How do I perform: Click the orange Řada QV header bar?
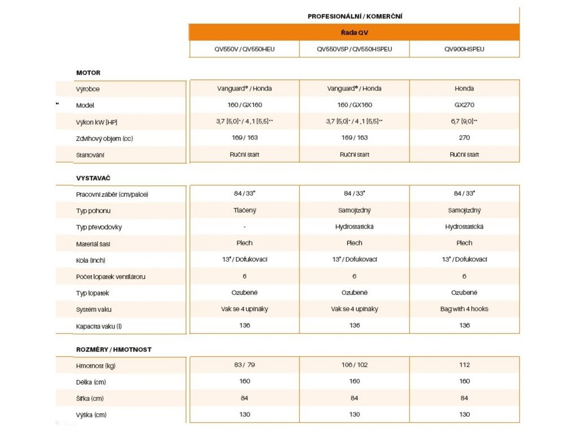click(x=354, y=33)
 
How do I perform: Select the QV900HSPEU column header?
click(x=464, y=49)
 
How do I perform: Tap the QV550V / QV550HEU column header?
click(x=245, y=49)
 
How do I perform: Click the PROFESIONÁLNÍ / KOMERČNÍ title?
click(x=355, y=16)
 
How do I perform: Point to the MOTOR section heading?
click(x=88, y=73)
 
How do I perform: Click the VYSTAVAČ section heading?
click(x=93, y=178)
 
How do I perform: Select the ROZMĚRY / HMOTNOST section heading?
click(x=114, y=349)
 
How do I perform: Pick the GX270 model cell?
click(x=464, y=105)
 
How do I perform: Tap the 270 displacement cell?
click(x=464, y=138)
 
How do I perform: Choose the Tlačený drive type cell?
click(x=245, y=210)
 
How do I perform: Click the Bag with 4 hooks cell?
click(x=464, y=309)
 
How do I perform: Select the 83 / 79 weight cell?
click(x=245, y=365)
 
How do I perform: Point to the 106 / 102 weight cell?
click(x=355, y=365)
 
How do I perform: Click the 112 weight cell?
click(x=464, y=365)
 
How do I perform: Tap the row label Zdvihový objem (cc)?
click(x=105, y=139)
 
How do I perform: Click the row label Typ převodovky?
click(x=98, y=227)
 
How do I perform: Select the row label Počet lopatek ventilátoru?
click(x=111, y=277)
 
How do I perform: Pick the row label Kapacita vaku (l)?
click(x=99, y=326)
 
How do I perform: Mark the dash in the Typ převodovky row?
click(x=245, y=227)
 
